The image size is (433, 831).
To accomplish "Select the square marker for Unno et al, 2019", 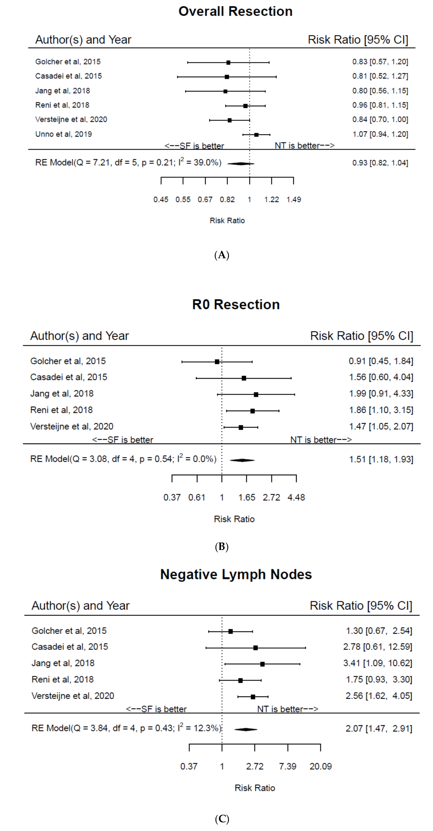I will [256, 135].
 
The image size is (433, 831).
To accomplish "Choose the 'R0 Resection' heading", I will [236, 305].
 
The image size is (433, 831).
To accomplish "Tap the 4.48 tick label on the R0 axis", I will [296, 497].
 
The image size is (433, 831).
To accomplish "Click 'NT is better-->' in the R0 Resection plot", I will [321, 440].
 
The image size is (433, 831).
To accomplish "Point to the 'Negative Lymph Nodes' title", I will [236, 574].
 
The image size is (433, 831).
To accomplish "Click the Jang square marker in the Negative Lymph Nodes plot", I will [262, 664].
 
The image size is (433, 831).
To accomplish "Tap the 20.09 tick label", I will [320, 766].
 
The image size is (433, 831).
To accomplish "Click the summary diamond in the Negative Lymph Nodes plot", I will [246, 729].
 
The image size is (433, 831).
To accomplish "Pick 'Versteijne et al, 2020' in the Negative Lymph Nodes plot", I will [73, 696].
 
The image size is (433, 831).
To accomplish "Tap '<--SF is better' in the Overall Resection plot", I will [194, 146].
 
